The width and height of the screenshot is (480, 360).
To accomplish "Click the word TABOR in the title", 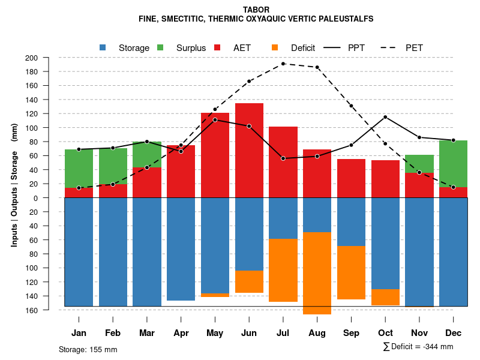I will coord(256,10).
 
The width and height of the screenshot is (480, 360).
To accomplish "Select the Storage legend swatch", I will coord(103,47).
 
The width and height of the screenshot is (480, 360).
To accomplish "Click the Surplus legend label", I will coord(191,48).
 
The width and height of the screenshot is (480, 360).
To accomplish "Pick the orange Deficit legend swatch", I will coord(275,47).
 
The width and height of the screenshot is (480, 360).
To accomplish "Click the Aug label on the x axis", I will coord(317,333).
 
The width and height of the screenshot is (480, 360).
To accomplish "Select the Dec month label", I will coord(454,333).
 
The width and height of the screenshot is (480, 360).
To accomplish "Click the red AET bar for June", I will coord(249,150).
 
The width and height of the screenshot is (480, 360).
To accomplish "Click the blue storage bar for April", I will coord(181,249).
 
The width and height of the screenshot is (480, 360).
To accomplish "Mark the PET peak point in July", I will coord(283,64).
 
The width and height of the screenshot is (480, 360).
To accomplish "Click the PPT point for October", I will coord(385,117).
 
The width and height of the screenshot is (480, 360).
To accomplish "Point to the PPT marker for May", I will coord(215,120).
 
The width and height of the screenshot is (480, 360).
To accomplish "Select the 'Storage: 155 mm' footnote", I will coord(88,349).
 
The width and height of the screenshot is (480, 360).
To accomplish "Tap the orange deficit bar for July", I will coord(283,270).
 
